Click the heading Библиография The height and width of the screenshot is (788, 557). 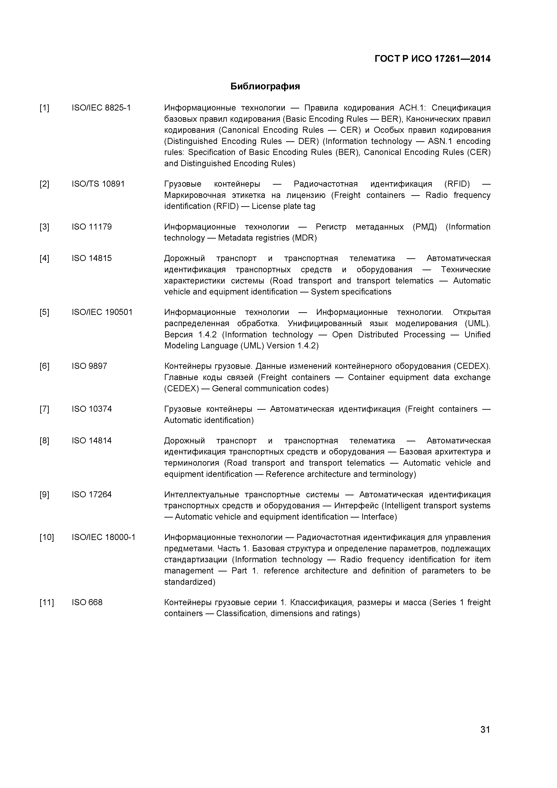click(265, 86)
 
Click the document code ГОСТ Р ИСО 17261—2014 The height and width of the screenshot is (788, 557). click(432, 59)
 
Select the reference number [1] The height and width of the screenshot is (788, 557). click(44, 108)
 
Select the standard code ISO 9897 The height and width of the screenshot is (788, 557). click(89, 366)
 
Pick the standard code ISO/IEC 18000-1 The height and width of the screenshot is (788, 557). click(103, 538)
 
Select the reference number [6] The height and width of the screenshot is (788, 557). click(44, 366)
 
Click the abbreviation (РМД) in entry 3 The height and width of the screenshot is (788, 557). click(424, 227)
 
